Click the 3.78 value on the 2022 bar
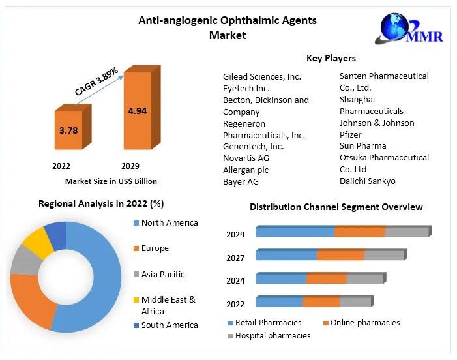coord(68,130)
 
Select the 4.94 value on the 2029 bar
coord(137,111)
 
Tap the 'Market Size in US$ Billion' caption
coord(111,181)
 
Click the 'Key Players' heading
coord(331,58)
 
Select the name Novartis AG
coord(246,158)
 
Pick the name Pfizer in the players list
coord(351,134)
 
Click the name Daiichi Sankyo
coord(367,181)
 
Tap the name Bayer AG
coord(241,181)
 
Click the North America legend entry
coord(169,223)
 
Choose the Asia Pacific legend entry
coord(162,275)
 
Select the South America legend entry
coord(169,325)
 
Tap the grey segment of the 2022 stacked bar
coord(355,302)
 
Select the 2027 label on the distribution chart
coord(235,258)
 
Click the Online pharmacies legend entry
coord(364,322)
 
